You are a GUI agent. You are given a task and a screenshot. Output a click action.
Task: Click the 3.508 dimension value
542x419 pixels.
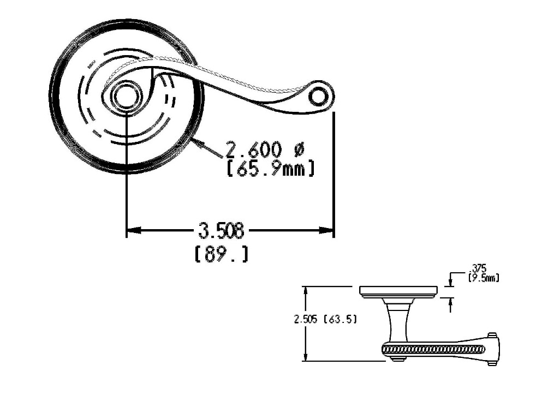pos(221,230)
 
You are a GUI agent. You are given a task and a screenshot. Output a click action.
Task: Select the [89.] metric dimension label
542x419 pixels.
pos(222,254)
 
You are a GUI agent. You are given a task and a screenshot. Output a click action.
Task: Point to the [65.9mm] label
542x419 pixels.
pos(271,168)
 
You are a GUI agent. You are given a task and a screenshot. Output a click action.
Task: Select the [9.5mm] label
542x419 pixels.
pos(483,277)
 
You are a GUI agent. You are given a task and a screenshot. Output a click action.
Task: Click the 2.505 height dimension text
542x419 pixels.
pos(306,320)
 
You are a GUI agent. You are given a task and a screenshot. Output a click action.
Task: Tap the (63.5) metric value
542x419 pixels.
pos(340,320)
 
